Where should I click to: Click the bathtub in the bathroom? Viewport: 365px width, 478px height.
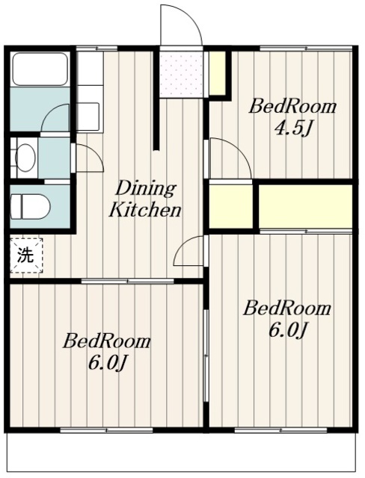click(40, 69)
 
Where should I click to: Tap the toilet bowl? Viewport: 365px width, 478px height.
click(31, 206)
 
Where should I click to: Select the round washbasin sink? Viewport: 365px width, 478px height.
click(25, 158)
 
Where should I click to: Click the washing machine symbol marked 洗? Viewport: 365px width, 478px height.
click(26, 255)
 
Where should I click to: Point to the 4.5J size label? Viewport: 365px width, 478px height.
click(293, 129)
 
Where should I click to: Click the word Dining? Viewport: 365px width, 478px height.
click(146, 189)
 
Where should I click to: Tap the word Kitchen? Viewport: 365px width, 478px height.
click(145, 210)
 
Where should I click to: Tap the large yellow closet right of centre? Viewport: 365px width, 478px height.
click(305, 206)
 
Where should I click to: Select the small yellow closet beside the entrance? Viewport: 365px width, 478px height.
click(218, 73)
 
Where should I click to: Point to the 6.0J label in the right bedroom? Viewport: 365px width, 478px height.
click(287, 330)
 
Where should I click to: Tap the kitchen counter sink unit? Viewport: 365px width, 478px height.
click(89, 92)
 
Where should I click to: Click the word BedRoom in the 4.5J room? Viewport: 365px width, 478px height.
click(293, 107)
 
